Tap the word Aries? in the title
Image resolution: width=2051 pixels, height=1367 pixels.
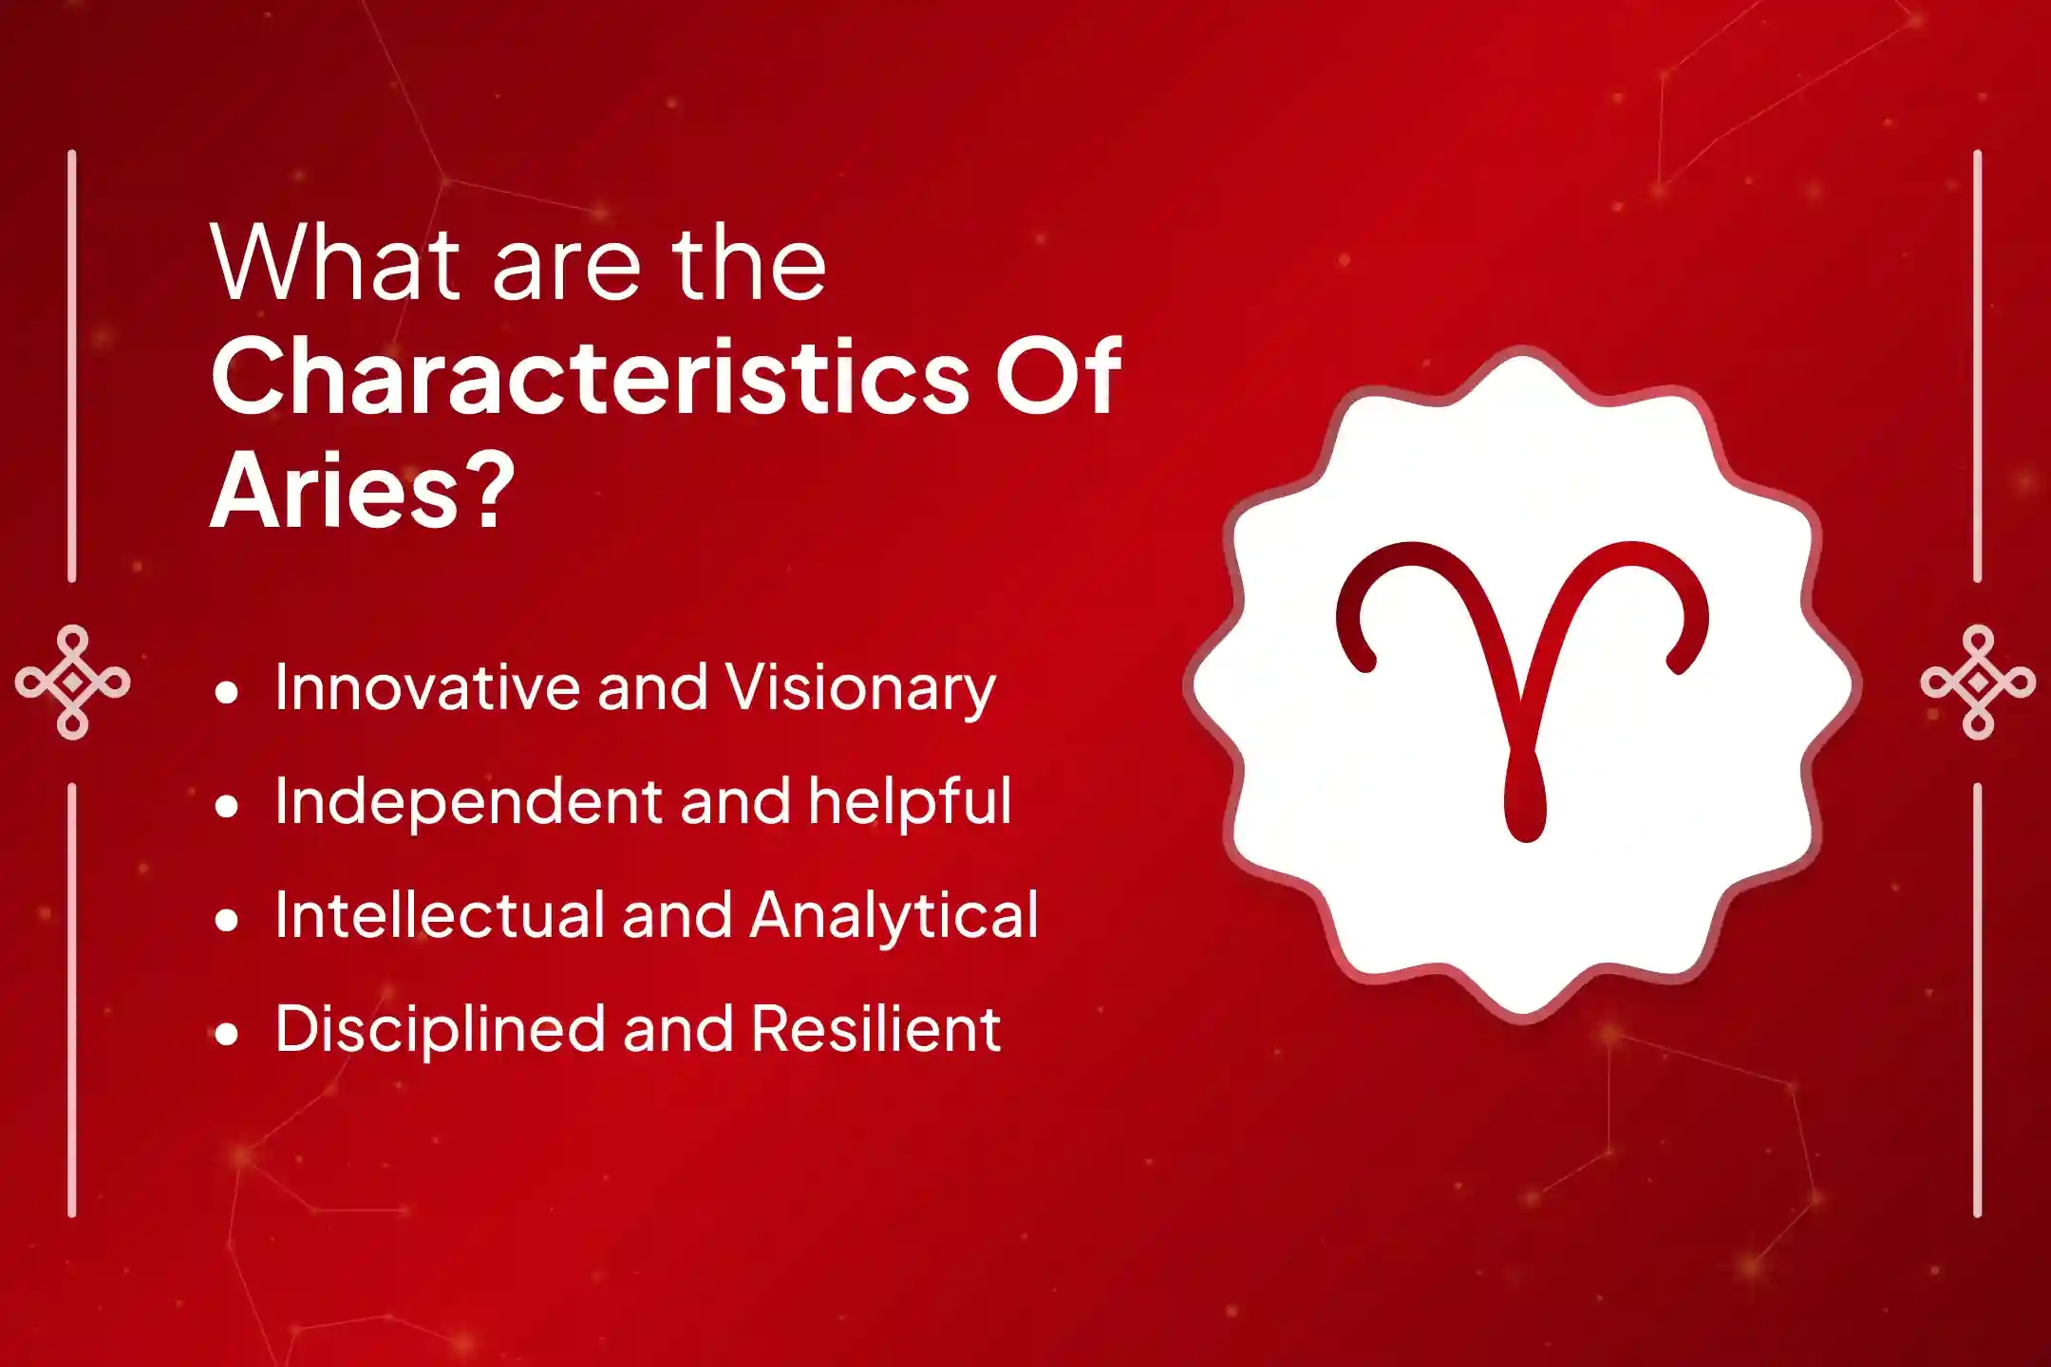[x=363, y=490]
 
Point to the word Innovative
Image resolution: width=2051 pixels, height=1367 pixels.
[x=426, y=686]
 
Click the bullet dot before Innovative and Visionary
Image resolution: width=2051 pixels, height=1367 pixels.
[x=226, y=693]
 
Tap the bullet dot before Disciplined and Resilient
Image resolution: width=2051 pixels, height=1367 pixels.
[x=226, y=1035]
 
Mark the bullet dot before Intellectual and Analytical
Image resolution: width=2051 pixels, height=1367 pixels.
[x=226, y=921]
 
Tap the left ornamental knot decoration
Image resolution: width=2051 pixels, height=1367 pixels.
[x=73, y=682]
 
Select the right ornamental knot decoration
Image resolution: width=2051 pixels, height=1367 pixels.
[x=1978, y=682]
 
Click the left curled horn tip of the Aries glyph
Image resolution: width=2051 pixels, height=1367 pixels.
[x=1364, y=660]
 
